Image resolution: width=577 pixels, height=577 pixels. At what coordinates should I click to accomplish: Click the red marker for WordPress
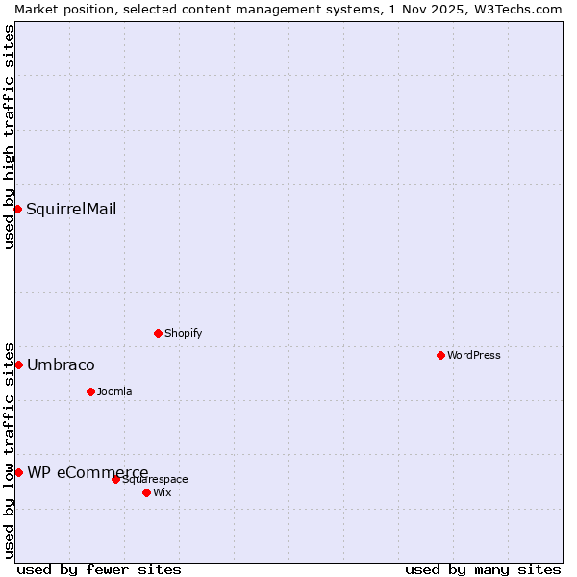pos(440,355)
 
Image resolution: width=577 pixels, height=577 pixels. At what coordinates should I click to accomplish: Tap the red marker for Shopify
pos(158,333)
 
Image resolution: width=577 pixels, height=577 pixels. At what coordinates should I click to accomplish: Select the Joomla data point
pos(90,391)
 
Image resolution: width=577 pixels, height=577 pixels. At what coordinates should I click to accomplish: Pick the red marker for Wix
pos(146,492)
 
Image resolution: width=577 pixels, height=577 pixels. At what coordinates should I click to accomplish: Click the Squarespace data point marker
pos(115,479)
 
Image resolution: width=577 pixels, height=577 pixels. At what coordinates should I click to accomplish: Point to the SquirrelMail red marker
pos(17,209)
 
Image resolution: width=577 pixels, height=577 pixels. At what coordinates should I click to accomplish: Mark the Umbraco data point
pos(18,364)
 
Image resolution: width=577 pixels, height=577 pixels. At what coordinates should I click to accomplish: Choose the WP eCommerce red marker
pos(18,472)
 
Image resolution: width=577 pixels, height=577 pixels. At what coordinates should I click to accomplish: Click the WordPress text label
pos(473,355)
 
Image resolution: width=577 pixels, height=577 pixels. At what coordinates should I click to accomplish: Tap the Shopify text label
pos(183,333)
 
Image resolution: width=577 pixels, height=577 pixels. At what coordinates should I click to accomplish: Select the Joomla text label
pos(114,391)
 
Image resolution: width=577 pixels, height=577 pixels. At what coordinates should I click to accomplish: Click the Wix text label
pos(162,492)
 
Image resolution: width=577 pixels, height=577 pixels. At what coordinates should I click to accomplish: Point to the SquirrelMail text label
pos(71,209)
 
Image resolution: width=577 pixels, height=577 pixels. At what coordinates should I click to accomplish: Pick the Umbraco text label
pos(61,364)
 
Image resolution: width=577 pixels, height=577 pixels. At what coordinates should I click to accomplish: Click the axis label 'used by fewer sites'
pos(99,569)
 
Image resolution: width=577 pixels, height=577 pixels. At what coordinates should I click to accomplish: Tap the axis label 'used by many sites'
pos(483,569)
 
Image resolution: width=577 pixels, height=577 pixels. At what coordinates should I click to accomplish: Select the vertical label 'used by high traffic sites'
pos(9,137)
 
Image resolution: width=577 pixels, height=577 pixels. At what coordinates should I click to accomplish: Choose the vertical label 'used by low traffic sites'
pos(9,449)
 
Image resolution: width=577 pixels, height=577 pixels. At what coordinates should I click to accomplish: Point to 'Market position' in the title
pos(58,9)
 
